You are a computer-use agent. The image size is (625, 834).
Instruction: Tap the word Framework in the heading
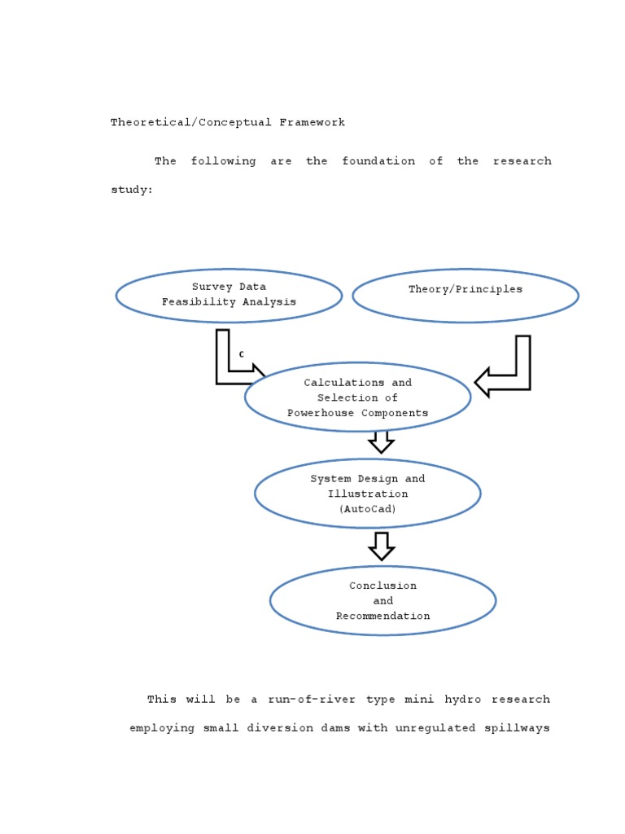tap(312, 123)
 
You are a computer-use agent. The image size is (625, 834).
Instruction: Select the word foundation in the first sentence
tap(378, 161)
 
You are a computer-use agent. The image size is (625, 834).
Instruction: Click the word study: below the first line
tap(132, 190)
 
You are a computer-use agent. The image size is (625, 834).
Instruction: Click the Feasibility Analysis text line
tap(229, 301)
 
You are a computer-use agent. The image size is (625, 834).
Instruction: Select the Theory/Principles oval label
tap(465, 289)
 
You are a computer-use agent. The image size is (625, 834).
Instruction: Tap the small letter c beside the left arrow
tap(242, 354)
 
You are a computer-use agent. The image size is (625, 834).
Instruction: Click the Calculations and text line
tap(358, 383)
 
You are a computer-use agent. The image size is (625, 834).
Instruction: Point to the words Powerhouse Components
tap(358, 413)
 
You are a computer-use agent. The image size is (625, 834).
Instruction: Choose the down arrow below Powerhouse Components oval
tap(381, 442)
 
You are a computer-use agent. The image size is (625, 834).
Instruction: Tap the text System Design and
tap(368, 479)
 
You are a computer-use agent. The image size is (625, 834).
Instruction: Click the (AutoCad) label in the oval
tap(368, 509)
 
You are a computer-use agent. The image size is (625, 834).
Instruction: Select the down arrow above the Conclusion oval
tap(381, 546)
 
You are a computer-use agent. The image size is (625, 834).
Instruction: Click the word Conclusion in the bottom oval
tap(383, 586)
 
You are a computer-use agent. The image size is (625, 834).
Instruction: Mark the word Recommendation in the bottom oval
tap(383, 616)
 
